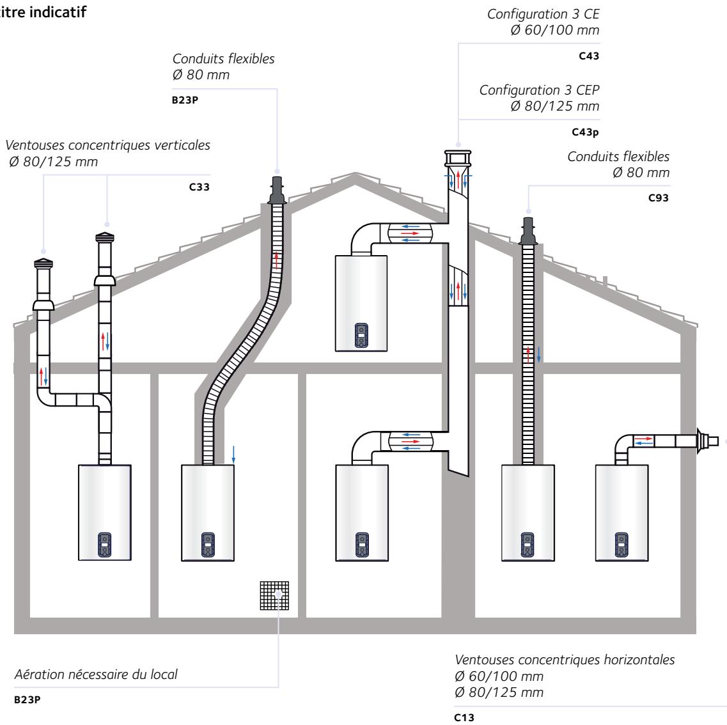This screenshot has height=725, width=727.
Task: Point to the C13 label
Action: click(462, 718)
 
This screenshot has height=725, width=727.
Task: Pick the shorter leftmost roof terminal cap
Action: click(43, 267)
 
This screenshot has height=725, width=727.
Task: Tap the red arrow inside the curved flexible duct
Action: click(276, 260)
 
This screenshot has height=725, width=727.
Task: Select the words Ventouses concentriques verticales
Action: click(107, 146)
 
